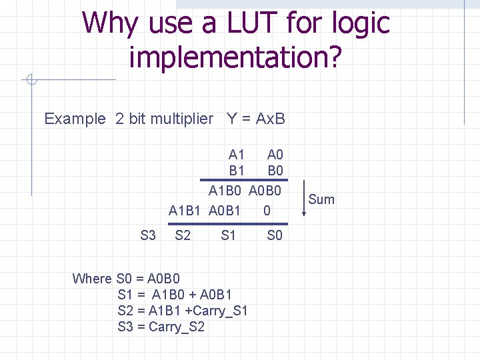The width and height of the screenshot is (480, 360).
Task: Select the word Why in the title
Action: pos(110,23)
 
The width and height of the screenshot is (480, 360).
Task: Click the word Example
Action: pos(75,119)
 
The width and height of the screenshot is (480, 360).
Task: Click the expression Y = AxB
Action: pos(256,119)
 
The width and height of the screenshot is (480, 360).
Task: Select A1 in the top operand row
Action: pos(237,155)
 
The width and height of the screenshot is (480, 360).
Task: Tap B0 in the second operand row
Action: pos(275,171)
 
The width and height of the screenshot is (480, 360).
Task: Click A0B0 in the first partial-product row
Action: pos(265,191)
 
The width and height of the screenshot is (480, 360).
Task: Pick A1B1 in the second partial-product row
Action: pos(185,211)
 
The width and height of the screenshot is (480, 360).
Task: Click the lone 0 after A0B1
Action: pos(267,211)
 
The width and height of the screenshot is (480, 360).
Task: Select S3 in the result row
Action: pos(148,235)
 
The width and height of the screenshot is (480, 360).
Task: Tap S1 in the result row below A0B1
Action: pos(229,235)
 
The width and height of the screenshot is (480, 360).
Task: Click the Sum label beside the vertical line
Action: pos(321,199)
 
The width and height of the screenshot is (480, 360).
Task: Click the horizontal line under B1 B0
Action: pos(244,179)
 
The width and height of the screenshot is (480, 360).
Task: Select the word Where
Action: pos(92,279)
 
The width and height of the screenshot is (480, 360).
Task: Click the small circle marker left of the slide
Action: pos(31,80)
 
